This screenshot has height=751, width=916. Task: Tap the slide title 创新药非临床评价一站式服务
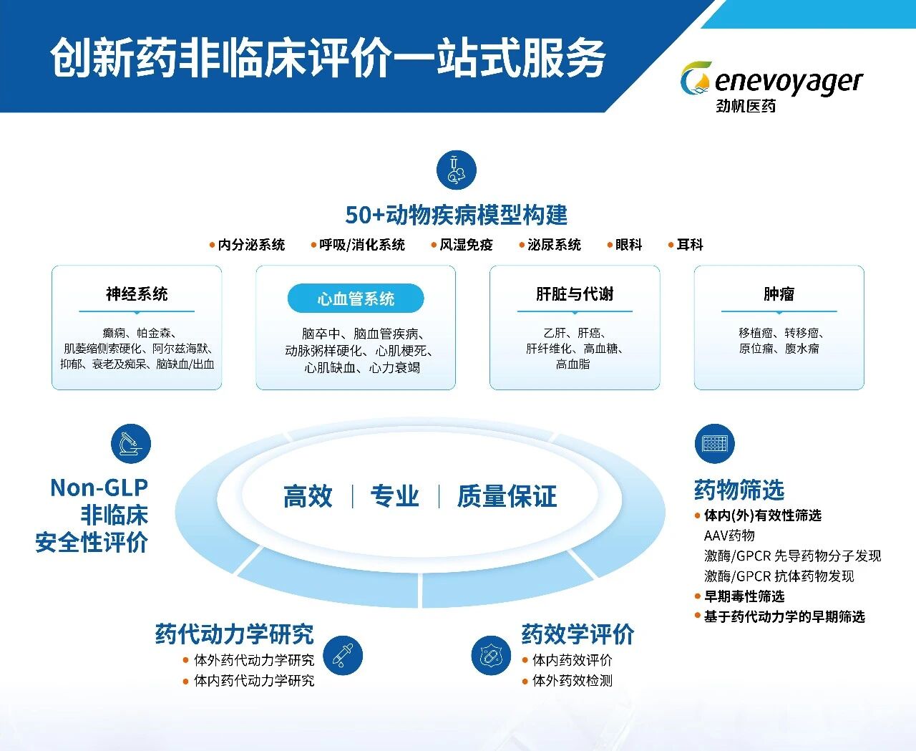tap(328, 57)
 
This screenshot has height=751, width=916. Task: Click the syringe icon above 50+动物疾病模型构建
tap(456, 170)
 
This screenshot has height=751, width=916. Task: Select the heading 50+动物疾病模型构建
tap(456, 215)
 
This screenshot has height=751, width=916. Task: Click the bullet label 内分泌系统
tap(251, 245)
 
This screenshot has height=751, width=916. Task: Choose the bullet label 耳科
tap(690, 245)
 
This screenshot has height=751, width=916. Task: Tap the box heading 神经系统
tap(137, 294)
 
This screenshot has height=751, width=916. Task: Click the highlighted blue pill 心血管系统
tap(356, 299)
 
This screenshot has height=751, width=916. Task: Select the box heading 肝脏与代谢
tap(575, 294)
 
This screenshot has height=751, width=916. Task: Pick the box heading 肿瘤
tap(779, 294)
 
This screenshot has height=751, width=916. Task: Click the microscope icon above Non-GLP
tap(131, 443)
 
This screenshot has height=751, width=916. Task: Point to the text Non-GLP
tap(99, 488)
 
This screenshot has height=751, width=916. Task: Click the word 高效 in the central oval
tap(308, 496)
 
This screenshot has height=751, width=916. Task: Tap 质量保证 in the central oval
tap(507, 496)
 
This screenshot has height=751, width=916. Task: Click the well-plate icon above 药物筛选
tap(714, 444)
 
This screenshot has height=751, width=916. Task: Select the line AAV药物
tap(729, 536)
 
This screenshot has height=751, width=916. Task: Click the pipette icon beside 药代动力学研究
tap(343, 655)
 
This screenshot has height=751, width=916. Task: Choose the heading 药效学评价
tap(578, 634)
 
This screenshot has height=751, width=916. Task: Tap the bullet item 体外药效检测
tap(572, 681)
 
